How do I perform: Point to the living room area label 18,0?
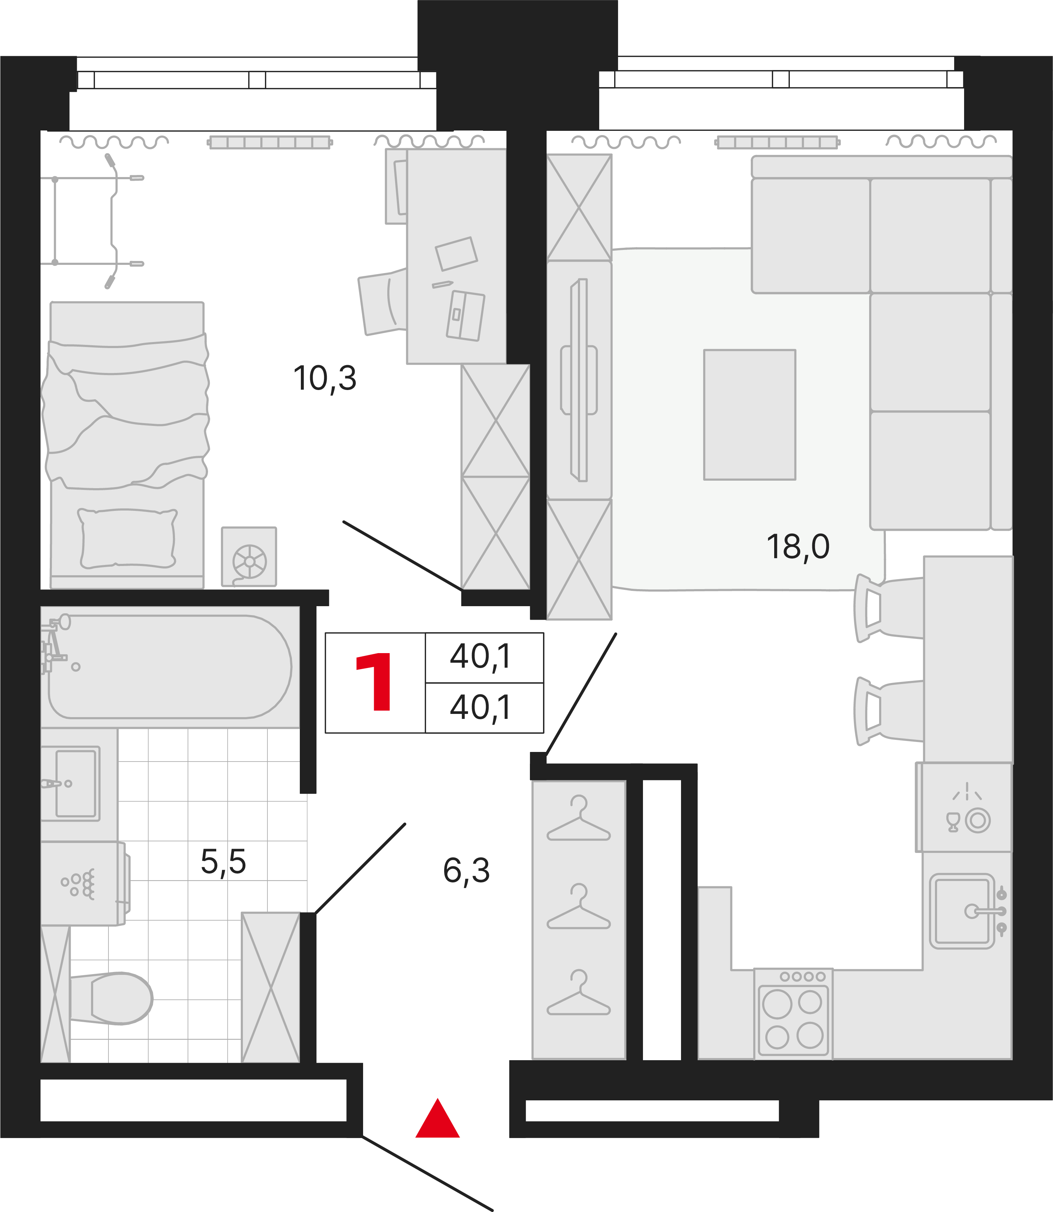tap(798, 547)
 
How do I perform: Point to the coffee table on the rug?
tap(750, 415)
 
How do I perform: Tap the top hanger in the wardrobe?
tap(579, 818)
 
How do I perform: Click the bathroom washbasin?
tap(70, 783)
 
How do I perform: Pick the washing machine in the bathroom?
tap(84, 883)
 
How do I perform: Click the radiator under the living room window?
tap(777, 142)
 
